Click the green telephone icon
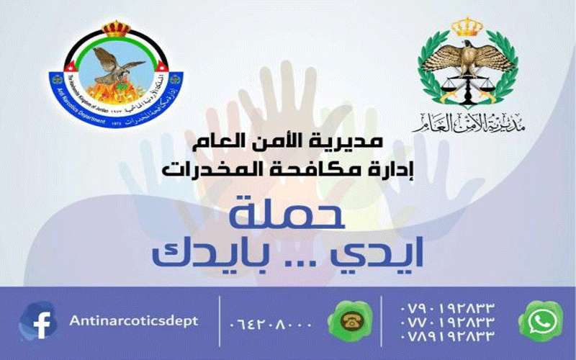[x=351, y=322]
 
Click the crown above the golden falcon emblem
[x=467, y=27]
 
